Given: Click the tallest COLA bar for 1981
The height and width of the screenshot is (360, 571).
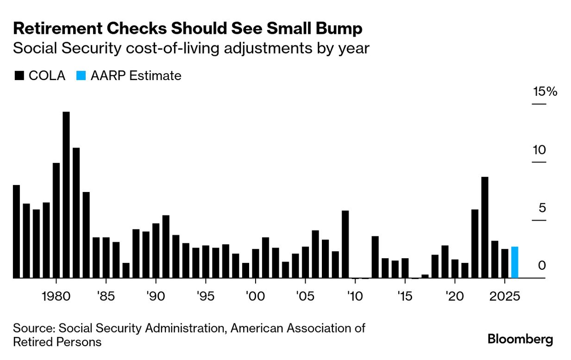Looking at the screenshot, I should [66, 194].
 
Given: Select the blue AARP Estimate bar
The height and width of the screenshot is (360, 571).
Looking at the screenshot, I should [515, 262].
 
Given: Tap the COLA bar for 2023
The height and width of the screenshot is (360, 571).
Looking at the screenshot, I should [484, 227].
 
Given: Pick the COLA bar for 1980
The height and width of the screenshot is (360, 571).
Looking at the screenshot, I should [56, 220].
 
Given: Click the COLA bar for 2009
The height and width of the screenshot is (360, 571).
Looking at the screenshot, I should [345, 244].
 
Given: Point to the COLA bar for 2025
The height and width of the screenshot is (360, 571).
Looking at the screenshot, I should [504, 263].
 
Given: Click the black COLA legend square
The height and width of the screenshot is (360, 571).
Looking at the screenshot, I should [19, 76].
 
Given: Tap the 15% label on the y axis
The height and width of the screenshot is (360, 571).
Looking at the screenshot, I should [545, 92].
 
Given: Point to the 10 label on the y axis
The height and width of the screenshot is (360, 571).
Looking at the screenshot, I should [540, 150].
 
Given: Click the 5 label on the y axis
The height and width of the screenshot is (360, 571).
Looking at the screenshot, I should [542, 208].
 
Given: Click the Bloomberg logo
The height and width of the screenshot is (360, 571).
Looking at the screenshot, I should [520, 339].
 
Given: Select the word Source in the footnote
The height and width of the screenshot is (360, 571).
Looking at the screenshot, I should [32, 329].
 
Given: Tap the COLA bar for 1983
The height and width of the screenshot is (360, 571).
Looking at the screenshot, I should [86, 235].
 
